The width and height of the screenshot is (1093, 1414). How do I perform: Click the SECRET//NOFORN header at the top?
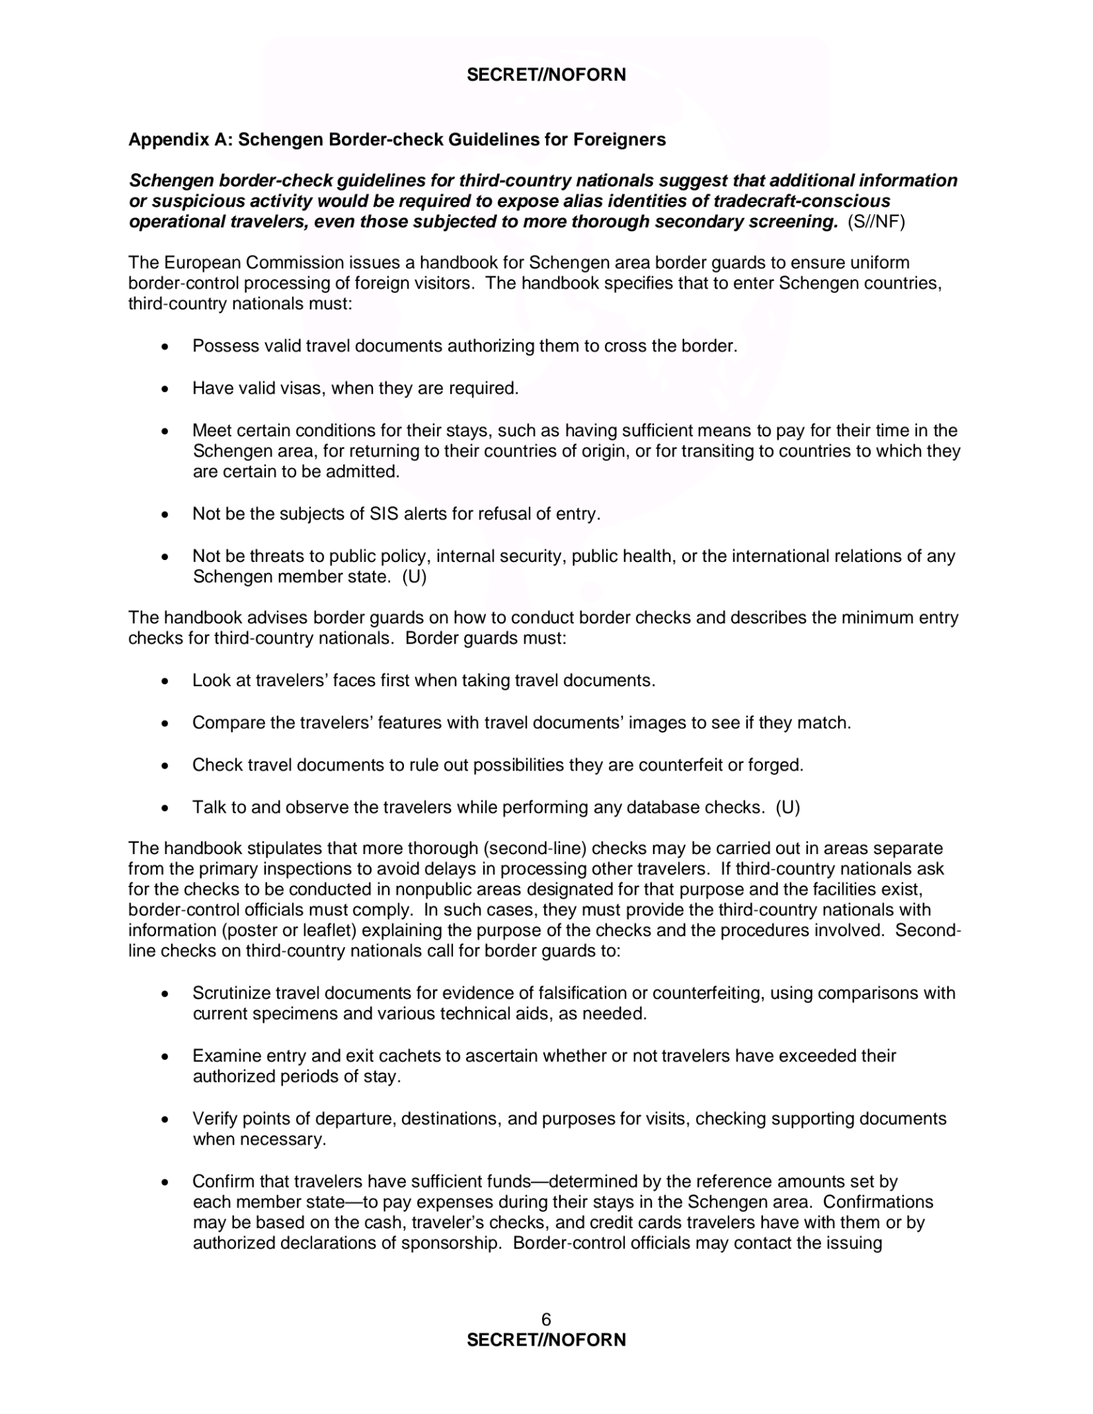pos(546,75)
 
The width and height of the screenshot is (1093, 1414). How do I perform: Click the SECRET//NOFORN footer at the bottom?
pos(546,1340)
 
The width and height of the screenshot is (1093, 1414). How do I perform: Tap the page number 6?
pos(546,1320)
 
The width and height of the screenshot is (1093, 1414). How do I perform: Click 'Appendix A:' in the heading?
pos(180,139)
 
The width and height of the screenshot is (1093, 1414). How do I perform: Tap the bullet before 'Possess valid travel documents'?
pos(164,347)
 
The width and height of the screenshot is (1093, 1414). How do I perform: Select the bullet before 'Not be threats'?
pos(164,556)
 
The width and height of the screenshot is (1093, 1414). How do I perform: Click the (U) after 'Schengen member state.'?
pos(414,577)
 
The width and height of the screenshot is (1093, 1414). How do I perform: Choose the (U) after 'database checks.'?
pos(788,807)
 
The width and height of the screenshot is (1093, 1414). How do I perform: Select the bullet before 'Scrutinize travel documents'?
pos(164,994)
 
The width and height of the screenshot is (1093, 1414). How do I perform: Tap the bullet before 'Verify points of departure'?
pos(164,1119)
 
